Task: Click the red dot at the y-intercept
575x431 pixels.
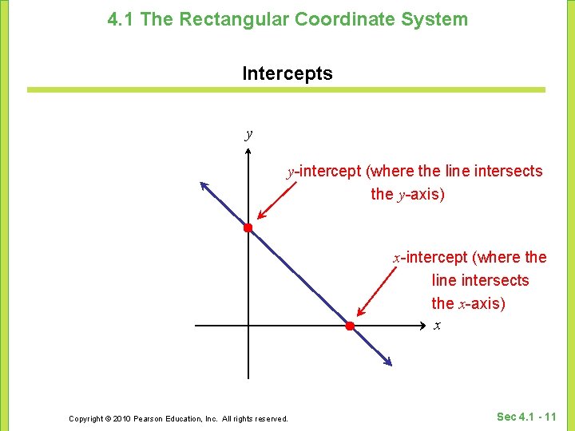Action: click(248, 228)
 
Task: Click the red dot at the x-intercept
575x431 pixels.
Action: click(349, 326)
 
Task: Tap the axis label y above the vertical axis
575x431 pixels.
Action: click(249, 133)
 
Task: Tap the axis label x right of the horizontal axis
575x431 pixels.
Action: click(437, 326)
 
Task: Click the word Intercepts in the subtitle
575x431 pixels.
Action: click(287, 74)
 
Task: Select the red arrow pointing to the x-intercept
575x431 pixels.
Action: click(377, 291)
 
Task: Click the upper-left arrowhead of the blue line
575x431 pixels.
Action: click(204, 187)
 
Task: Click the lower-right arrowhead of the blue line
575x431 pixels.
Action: click(387, 362)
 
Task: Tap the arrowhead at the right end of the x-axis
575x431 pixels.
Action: click(424, 326)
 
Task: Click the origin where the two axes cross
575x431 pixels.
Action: click(248, 326)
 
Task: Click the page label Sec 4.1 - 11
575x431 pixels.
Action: click(526, 417)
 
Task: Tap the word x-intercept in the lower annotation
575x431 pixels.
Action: click(430, 258)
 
